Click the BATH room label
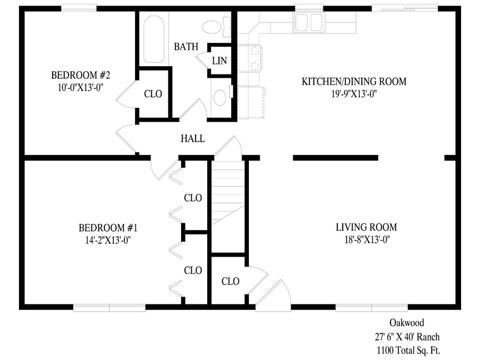click(x=186, y=47)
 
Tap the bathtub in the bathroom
click(x=154, y=38)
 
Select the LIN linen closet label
click(x=219, y=61)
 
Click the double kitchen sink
click(x=308, y=22)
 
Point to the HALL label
click(x=193, y=138)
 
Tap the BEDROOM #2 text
click(x=81, y=75)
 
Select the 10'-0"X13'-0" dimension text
click(x=80, y=88)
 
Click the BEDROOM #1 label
click(x=108, y=228)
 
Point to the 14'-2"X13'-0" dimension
click(x=108, y=241)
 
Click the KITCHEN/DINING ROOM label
click(x=354, y=82)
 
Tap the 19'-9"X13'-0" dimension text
click(x=354, y=94)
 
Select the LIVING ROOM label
click(x=367, y=227)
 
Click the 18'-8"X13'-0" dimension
click(x=367, y=239)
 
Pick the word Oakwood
click(x=407, y=322)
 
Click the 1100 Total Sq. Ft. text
click(x=408, y=349)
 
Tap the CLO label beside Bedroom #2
click(x=153, y=94)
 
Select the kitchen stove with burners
click(x=249, y=58)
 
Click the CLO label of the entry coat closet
click(x=230, y=281)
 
